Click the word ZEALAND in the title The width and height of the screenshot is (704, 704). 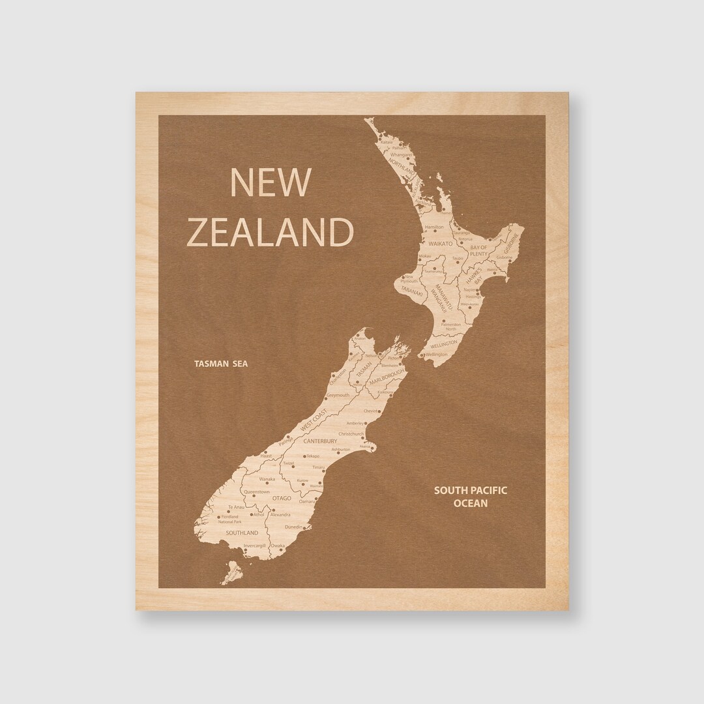coord(270,231)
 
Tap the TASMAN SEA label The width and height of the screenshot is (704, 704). coord(221,364)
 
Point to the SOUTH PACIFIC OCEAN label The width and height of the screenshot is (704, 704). coord(471,497)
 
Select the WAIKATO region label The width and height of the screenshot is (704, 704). coord(440,242)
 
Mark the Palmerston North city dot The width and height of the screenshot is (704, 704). coord(443,321)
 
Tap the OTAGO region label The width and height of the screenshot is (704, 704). coord(282,499)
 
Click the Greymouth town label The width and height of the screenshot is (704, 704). coord(338,395)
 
